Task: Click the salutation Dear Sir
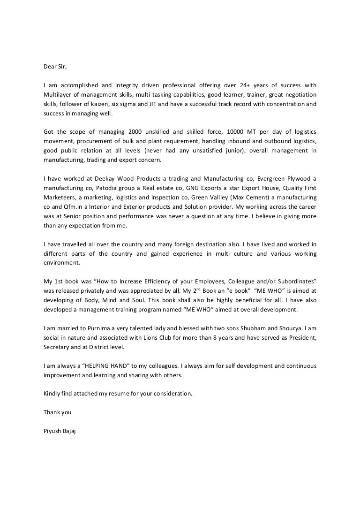pyautogui.click(x=55, y=66)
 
